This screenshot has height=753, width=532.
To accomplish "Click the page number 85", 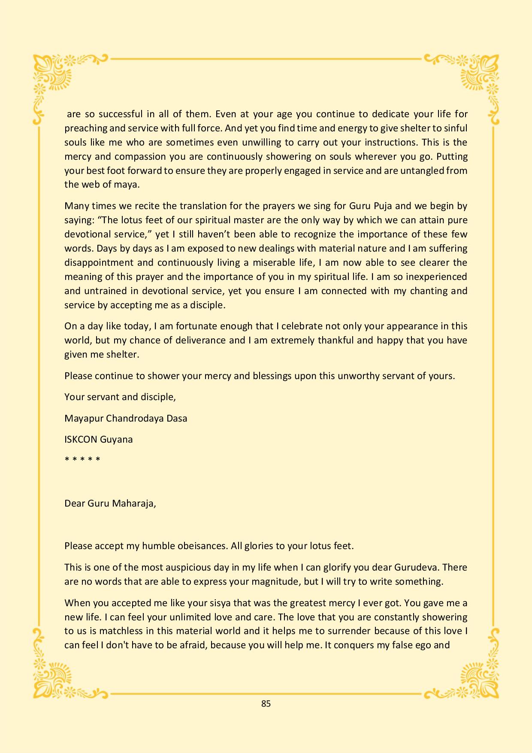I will [x=266, y=704].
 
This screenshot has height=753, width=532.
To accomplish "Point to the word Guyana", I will [x=116, y=440].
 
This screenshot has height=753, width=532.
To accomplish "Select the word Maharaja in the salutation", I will [x=133, y=503].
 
